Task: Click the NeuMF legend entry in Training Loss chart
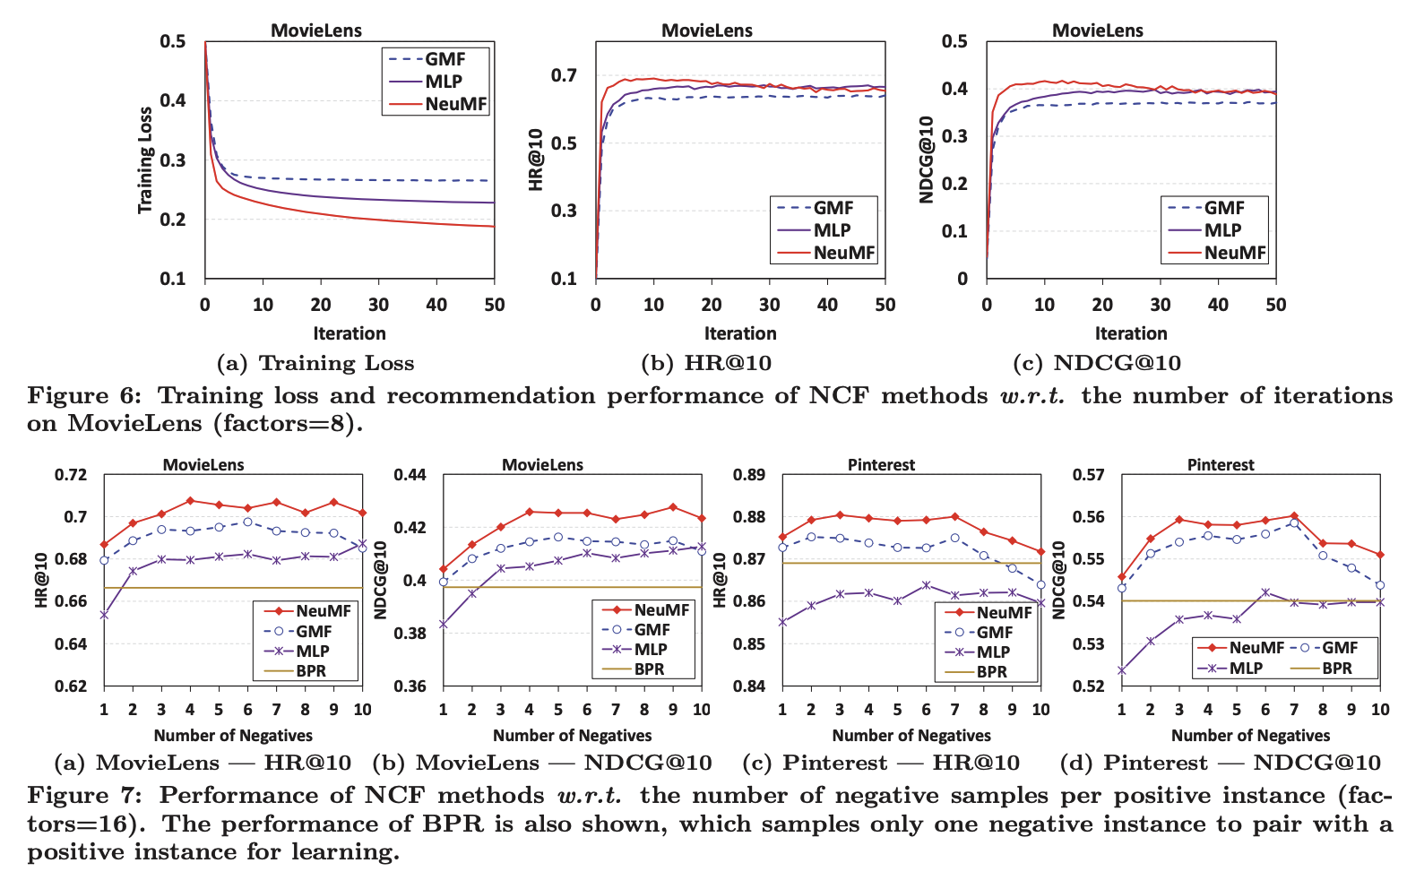click(x=455, y=104)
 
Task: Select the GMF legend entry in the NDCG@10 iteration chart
click(x=1223, y=208)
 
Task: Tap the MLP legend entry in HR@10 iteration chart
click(x=832, y=230)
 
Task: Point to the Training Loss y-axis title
click(x=144, y=160)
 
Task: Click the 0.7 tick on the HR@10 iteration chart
click(x=564, y=75)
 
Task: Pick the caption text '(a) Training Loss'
click(x=315, y=363)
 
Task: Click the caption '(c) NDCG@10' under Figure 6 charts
click(x=1096, y=363)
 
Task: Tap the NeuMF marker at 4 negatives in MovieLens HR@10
click(x=190, y=501)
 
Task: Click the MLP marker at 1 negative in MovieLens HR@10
click(x=104, y=615)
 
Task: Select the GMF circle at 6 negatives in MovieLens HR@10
click(x=247, y=522)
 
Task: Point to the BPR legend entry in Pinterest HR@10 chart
click(x=991, y=672)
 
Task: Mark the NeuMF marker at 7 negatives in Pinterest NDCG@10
click(x=1294, y=516)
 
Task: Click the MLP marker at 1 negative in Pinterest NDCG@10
click(x=1121, y=669)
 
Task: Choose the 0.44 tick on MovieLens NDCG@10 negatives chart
click(x=411, y=475)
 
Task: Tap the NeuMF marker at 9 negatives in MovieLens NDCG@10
click(x=673, y=507)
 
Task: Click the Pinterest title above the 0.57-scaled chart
click(x=1221, y=464)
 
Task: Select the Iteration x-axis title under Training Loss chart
click(x=350, y=333)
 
